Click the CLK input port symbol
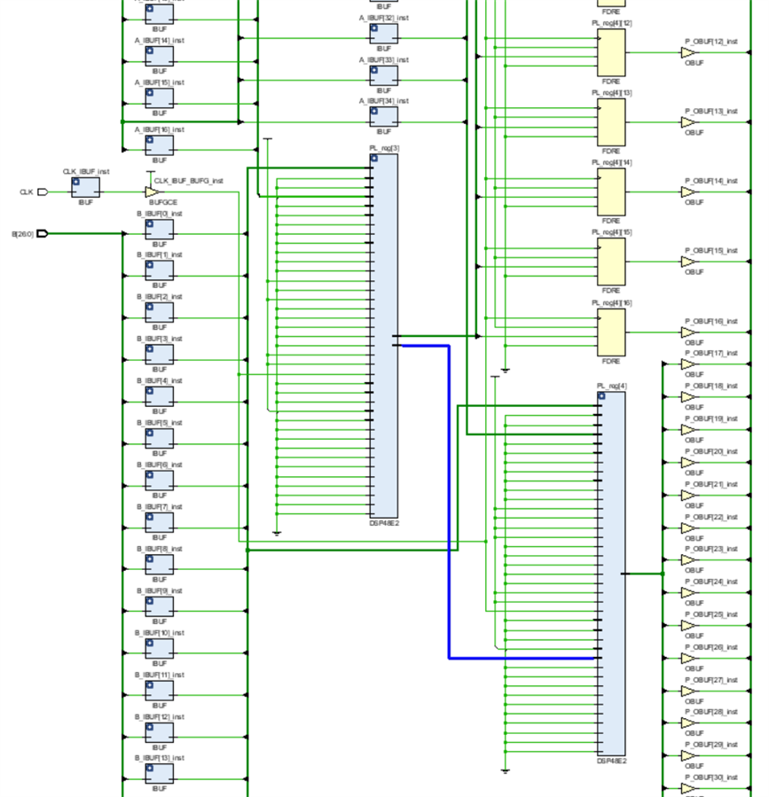pyautogui.click(x=43, y=191)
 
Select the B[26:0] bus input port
pyautogui.click(x=42, y=234)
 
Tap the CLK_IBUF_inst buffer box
pyautogui.click(x=86, y=187)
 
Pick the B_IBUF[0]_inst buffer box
pyautogui.click(x=160, y=230)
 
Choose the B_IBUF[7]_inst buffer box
pyautogui.click(x=160, y=523)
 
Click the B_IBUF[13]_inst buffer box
pyautogui.click(x=160, y=774)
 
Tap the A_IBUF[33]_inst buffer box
pyautogui.click(x=383, y=75)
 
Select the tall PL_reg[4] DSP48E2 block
pyautogui.click(x=612, y=573)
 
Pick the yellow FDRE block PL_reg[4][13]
pyautogui.click(x=611, y=121)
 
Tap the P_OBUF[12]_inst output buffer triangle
pyautogui.click(x=688, y=52)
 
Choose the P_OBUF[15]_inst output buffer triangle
pyautogui.click(x=688, y=262)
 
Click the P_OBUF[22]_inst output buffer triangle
pyautogui.click(x=688, y=528)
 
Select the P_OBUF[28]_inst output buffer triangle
pyautogui.click(x=688, y=723)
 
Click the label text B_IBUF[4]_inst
pyautogui.click(x=160, y=380)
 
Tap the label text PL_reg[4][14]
pyautogui.click(x=612, y=162)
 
